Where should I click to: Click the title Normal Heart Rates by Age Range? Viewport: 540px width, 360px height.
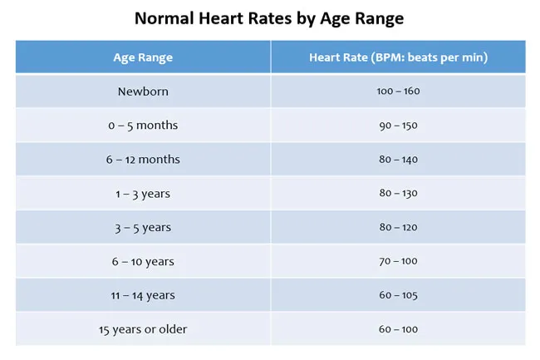(x=270, y=17)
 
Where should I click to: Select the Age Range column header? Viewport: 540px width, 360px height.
(x=143, y=57)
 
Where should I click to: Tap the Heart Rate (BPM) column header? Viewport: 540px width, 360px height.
(x=398, y=57)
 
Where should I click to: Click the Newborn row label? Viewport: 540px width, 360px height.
(x=143, y=91)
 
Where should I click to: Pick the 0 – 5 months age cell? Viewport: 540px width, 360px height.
(x=143, y=126)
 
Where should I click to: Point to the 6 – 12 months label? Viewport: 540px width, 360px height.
(x=143, y=160)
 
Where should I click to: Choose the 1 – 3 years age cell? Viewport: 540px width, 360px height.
(x=143, y=194)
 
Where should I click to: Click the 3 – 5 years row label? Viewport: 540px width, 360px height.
(x=143, y=228)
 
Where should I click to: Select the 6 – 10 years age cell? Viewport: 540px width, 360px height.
(x=143, y=262)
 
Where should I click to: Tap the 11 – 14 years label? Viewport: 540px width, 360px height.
(x=143, y=296)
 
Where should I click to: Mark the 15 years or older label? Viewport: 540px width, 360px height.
(x=143, y=329)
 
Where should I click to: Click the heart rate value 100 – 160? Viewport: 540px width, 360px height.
(x=398, y=91)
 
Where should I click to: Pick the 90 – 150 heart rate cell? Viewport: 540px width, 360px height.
(x=398, y=126)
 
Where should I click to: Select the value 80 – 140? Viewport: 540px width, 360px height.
(x=398, y=160)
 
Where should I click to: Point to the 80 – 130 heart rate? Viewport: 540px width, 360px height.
(x=398, y=194)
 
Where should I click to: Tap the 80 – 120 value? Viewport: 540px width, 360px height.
(x=398, y=228)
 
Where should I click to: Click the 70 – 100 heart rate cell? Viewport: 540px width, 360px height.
(x=398, y=262)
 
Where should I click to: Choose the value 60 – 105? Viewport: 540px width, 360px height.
(x=398, y=296)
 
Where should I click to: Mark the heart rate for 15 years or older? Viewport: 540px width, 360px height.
(x=398, y=329)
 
